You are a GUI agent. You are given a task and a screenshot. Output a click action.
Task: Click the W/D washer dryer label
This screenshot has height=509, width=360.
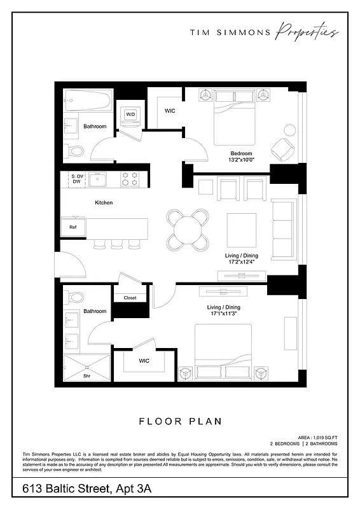[x=130, y=115]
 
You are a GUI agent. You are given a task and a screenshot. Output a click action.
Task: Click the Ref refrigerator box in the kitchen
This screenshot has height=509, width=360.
[x=73, y=227]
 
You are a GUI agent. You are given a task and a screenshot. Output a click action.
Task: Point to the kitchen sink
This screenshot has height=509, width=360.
[x=98, y=180]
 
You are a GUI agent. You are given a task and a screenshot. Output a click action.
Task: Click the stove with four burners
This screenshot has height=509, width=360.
[x=130, y=180]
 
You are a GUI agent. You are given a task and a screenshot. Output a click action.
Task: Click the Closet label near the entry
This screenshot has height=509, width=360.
[x=130, y=298]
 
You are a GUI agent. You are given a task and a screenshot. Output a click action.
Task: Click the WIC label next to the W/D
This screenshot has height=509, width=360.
[x=170, y=111]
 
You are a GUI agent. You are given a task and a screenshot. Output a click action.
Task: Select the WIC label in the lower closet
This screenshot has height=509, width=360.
[x=144, y=361]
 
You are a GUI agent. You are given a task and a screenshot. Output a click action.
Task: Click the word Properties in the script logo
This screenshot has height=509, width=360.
[x=307, y=33]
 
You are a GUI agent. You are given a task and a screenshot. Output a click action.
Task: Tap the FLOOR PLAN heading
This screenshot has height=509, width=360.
[x=179, y=421]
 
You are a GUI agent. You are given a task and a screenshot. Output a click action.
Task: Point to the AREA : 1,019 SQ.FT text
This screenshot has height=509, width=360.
[x=313, y=438]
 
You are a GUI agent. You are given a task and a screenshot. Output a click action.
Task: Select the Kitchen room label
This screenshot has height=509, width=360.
[x=104, y=202]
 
